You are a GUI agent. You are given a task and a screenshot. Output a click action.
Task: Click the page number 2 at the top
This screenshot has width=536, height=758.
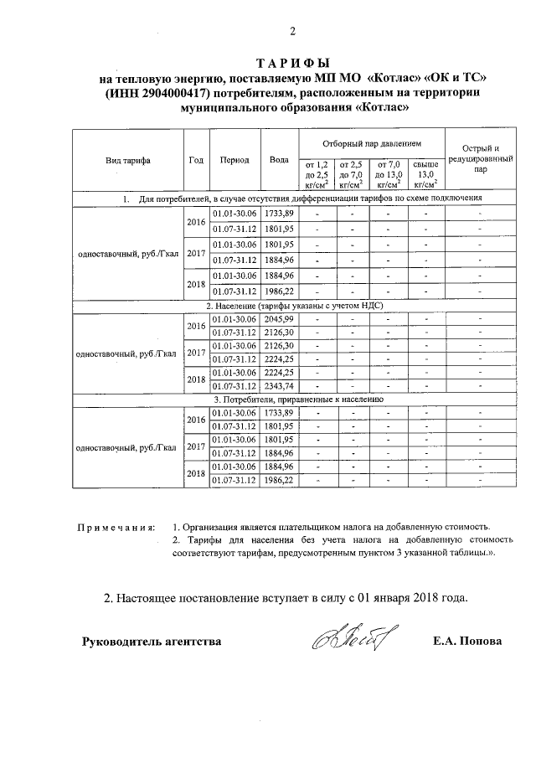(292, 33)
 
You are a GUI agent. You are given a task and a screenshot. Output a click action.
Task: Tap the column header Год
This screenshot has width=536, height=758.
(196, 159)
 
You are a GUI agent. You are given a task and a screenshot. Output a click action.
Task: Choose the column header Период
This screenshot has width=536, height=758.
(234, 159)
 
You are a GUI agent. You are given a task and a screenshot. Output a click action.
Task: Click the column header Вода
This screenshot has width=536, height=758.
(279, 159)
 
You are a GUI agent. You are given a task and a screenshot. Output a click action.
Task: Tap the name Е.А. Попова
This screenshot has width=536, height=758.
(467, 642)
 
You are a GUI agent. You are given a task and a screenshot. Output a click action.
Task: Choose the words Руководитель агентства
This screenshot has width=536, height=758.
(152, 642)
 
